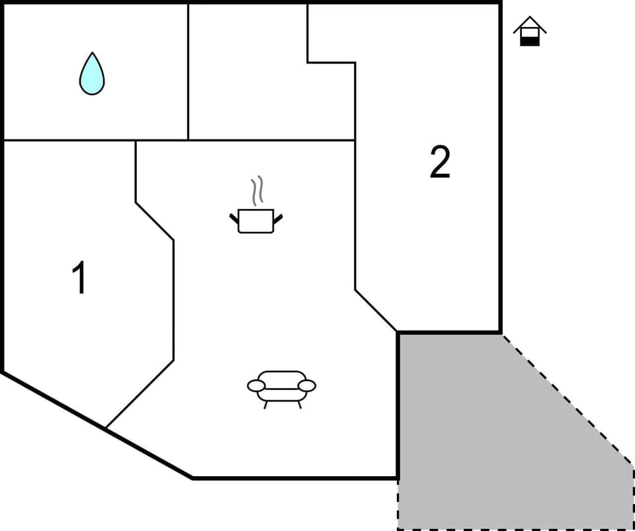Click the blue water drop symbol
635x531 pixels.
(x=92, y=73)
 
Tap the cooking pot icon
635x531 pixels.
(x=256, y=220)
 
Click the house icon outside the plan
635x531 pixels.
(x=530, y=32)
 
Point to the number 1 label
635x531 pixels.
(x=79, y=278)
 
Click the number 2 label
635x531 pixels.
(x=440, y=162)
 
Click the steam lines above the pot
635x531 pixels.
(x=257, y=190)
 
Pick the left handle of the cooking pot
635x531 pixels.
(x=234, y=218)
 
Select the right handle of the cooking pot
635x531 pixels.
(x=278, y=218)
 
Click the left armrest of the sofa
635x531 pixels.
(x=256, y=386)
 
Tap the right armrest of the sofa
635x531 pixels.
(x=307, y=386)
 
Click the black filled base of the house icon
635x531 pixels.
(x=530, y=41)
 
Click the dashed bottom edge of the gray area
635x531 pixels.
(x=516, y=529)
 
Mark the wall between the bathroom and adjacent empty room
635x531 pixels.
(x=189, y=73)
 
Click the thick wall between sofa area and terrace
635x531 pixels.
(x=398, y=403)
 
